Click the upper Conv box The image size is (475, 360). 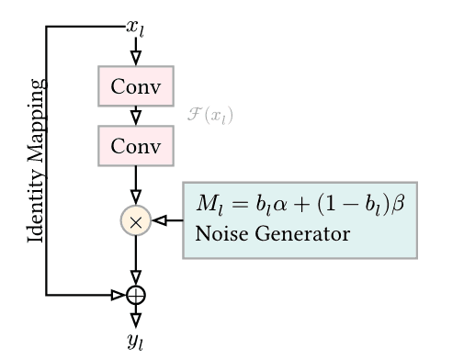click(x=135, y=86)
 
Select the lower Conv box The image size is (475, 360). click(x=135, y=145)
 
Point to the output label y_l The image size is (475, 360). click(x=136, y=343)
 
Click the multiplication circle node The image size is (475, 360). click(x=136, y=221)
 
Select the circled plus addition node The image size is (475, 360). click(x=136, y=295)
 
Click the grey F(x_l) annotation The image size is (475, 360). click(x=210, y=116)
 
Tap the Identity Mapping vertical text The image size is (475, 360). click(x=36, y=161)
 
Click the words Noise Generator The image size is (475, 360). click(x=272, y=234)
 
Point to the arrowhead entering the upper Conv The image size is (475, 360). click(x=136, y=58)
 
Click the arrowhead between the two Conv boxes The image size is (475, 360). click(x=136, y=117)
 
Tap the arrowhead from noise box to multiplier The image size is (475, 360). click(x=160, y=221)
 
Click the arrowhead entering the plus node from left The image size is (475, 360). click(x=118, y=295)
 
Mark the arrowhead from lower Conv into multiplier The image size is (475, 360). click(x=136, y=197)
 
